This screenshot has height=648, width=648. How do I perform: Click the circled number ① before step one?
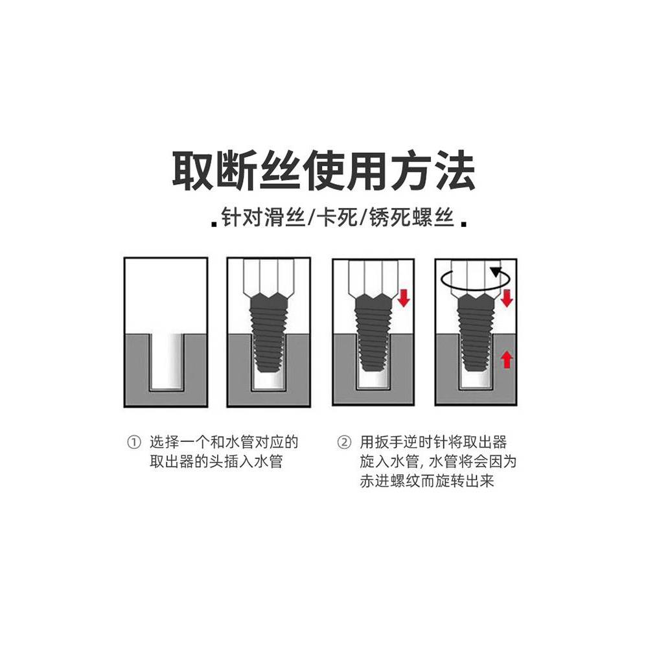[133, 444]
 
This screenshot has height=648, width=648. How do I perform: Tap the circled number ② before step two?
[343, 444]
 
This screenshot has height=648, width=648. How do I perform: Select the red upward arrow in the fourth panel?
[507, 359]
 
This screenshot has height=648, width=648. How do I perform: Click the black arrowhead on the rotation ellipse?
[496, 272]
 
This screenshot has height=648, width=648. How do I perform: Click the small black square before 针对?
[214, 224]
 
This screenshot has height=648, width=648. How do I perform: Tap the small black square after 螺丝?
[464, 224]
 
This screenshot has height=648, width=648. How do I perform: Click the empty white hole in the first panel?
[166, 360]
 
